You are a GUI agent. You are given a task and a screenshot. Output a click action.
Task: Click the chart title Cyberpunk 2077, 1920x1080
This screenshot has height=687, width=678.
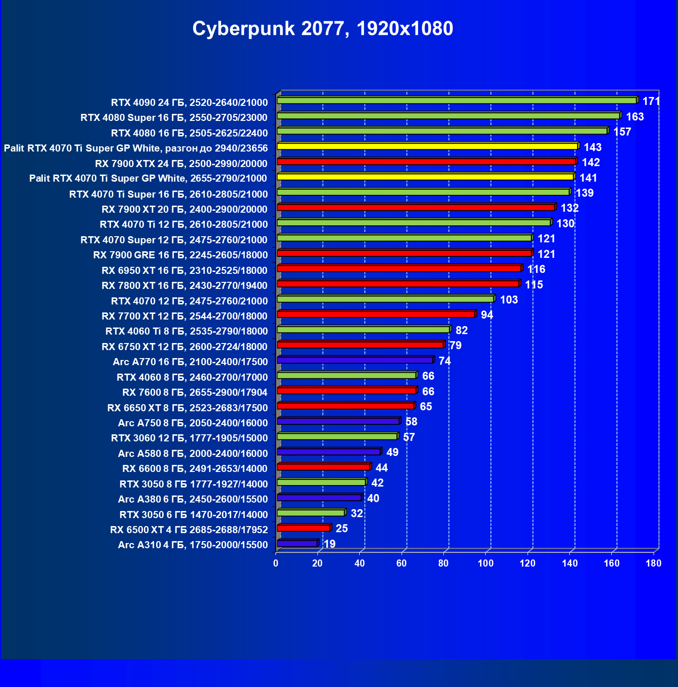[323, 29]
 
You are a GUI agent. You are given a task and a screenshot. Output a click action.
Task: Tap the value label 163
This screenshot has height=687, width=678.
[635, 117]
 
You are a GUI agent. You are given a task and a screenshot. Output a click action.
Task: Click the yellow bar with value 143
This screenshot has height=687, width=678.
[427, 146]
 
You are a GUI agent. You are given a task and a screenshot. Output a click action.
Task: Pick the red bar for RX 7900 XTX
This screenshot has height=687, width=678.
[426, 162]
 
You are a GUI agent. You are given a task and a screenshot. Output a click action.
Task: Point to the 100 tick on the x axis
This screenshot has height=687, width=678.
[486, 563]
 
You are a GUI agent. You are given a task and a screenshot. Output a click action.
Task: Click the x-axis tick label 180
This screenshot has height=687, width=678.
[654, 563]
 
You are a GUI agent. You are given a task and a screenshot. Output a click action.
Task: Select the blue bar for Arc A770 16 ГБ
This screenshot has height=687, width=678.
[355, 360]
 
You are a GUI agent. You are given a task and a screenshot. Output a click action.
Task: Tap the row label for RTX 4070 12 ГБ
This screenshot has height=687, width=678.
[189, 301]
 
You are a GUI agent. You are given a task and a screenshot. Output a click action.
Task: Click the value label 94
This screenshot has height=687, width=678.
[487, 315]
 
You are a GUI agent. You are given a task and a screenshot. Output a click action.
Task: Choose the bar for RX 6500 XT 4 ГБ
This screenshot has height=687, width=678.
[304, 528]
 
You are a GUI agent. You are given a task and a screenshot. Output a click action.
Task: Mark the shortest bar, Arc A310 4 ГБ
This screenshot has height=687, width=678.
[297, 544]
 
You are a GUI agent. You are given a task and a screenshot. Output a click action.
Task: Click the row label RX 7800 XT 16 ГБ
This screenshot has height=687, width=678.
[184, 286]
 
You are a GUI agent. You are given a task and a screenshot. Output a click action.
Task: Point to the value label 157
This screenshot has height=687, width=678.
[622, 132]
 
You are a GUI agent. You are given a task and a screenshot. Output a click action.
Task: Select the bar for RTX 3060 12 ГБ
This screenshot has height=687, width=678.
[337, 437]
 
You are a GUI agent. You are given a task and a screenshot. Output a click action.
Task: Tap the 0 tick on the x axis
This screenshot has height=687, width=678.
[276, 563]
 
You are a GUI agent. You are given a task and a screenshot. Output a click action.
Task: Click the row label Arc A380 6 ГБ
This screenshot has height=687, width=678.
[193, 499]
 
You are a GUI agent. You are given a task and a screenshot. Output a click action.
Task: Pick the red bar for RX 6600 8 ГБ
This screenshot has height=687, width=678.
[323, 467]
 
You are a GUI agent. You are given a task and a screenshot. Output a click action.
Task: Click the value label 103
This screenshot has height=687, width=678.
[509, 300]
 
